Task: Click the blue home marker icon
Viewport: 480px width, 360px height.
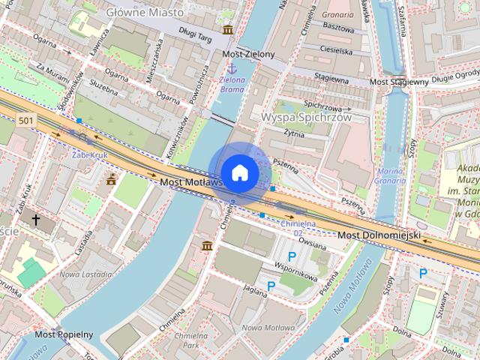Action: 239,172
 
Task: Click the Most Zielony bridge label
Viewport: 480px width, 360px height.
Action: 249,55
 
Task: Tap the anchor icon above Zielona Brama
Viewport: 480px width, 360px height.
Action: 232,68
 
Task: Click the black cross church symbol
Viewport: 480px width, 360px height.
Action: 35,220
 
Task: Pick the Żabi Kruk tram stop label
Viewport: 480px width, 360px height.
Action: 87,154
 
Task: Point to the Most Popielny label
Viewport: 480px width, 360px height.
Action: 64,334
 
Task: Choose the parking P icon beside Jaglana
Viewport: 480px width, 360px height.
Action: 271,286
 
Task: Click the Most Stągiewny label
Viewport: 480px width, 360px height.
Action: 399,81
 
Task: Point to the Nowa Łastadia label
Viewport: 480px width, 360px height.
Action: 80,274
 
